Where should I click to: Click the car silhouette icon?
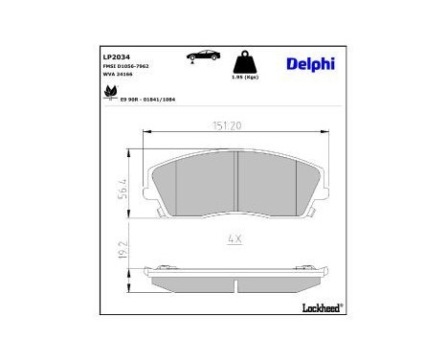pyautogui.click(x=202, y=55)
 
